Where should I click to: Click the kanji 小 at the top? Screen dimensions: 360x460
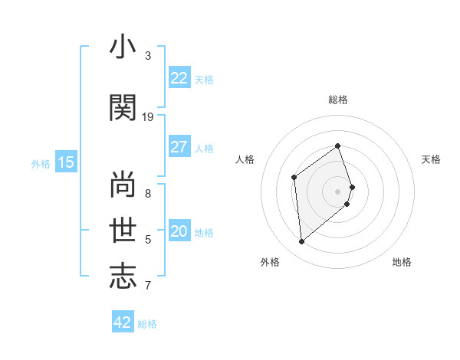123,48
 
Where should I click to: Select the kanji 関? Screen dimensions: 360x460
123,108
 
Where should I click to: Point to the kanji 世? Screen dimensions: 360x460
123,229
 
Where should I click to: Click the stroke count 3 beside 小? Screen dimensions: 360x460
148,56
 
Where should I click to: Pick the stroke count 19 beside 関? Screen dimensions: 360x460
148,116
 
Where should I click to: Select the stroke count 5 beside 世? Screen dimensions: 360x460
148,239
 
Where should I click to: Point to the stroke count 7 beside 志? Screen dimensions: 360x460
148,286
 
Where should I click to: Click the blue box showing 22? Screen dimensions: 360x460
179,78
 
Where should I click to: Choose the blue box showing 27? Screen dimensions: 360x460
179,147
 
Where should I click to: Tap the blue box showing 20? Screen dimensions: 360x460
179,231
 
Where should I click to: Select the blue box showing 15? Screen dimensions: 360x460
66,162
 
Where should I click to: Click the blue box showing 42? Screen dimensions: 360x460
122,322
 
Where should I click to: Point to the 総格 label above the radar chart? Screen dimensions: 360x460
338,100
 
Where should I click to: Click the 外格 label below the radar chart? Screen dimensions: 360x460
270,262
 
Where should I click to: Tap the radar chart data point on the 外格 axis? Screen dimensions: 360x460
302,242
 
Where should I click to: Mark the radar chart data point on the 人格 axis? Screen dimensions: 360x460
294,178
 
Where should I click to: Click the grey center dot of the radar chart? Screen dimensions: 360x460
338,191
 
